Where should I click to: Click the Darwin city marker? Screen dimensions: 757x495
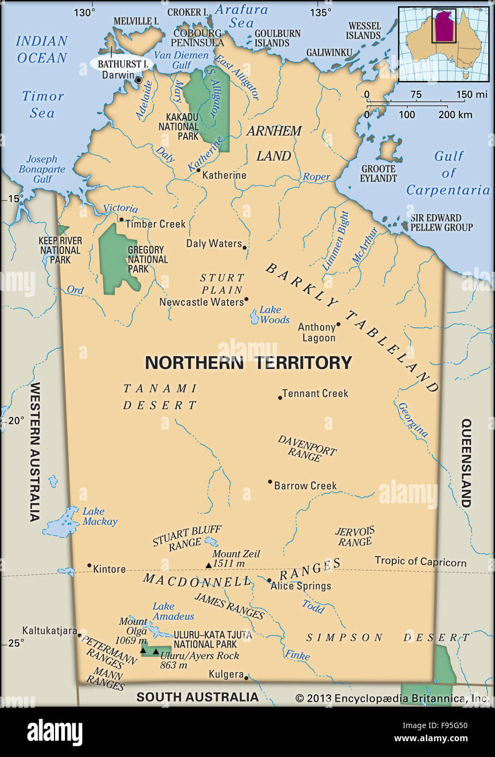[x=138, y=80]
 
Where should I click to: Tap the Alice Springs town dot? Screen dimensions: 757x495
[x=269, y=581]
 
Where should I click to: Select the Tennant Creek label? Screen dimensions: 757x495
[x=315, y=393]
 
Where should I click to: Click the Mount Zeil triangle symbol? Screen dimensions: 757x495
[x=208, y=565]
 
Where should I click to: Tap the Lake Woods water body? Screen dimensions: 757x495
[x=255, y=317]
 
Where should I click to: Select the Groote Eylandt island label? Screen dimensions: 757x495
[x=378, y=174]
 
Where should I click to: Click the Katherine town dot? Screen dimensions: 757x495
[x=198, y=170]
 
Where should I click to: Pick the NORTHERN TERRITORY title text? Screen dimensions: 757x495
[x=248, y=363]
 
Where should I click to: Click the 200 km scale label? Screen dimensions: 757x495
[x=455, y=115]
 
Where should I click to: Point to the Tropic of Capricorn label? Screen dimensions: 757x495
[x=420, y=561]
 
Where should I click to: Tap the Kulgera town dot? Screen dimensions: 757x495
[x=246, y=677]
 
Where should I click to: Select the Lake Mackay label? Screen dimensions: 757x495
[x=100, y=516]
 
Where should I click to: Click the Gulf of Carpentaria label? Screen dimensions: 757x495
[x=448, y=173]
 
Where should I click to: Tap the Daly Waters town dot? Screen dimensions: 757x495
[x=244, y=248]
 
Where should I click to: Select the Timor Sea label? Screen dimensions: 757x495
[x=43, y=104]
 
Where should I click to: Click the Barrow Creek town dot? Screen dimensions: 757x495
[x=270, y=481]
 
